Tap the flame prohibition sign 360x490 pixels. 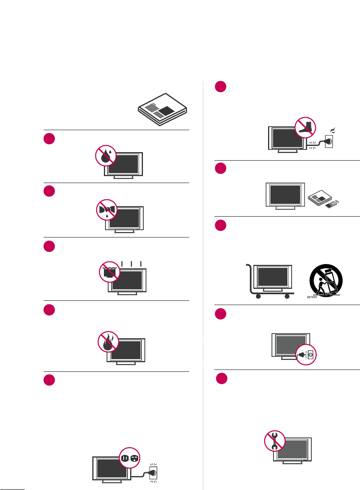107,342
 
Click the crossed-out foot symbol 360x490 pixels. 306,128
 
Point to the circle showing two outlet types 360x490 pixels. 129,458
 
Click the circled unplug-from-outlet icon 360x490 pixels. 306,353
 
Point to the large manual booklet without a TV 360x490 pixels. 162,109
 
